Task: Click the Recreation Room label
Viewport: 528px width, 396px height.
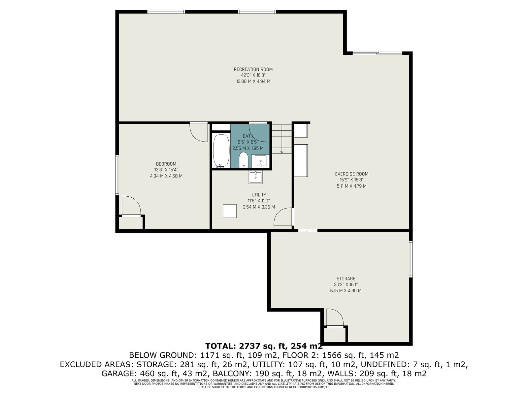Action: tap(253, 69)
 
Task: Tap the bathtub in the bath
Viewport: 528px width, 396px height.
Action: tap(221, 151)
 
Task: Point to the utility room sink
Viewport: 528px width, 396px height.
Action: tap(255, 178)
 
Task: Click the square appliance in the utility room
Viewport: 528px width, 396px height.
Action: tap(229, 211)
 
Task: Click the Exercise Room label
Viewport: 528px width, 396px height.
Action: tap(352, 174)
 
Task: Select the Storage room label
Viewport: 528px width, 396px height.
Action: tap(346, 279)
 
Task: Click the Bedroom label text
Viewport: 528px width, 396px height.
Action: tap(166, 164)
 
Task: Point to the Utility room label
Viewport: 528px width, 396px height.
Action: tap(259, 195)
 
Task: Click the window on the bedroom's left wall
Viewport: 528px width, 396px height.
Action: tap(117, 175)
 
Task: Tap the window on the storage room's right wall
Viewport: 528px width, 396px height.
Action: tap(411, 259)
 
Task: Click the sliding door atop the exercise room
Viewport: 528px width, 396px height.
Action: tap(377, 53)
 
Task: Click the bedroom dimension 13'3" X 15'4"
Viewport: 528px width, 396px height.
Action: tap(166, 170)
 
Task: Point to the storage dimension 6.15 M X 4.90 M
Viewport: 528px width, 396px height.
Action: tap(346, 291)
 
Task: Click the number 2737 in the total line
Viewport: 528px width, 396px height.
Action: tap(249, 346)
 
